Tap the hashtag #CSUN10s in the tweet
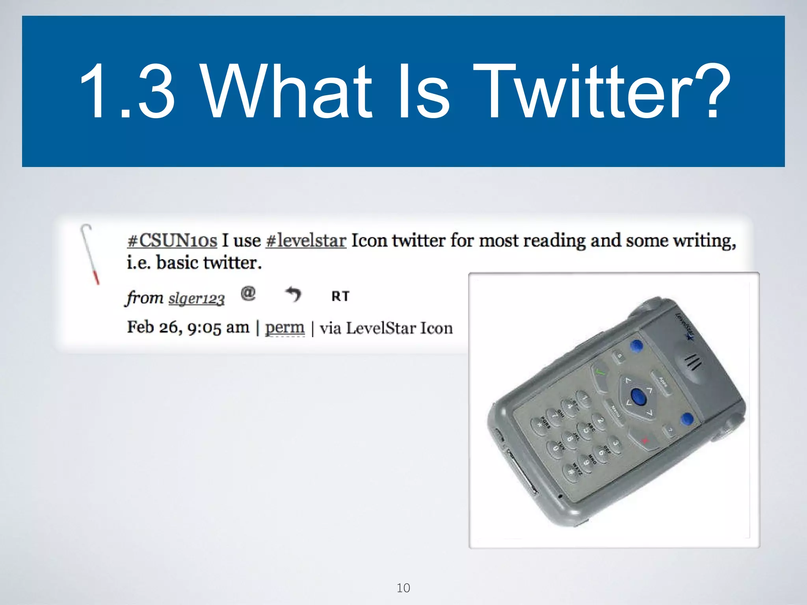point(172,240)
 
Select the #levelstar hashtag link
point(306,240)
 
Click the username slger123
point(196,299)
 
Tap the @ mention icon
point(248,293)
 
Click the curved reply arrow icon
point(293,294)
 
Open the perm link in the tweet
point(284,327)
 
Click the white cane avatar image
point(90,254)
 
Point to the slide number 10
point(403,588)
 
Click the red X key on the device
point(645,440)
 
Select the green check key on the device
point(600,372)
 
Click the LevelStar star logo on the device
point(689,337)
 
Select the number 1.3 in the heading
point(127,91)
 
